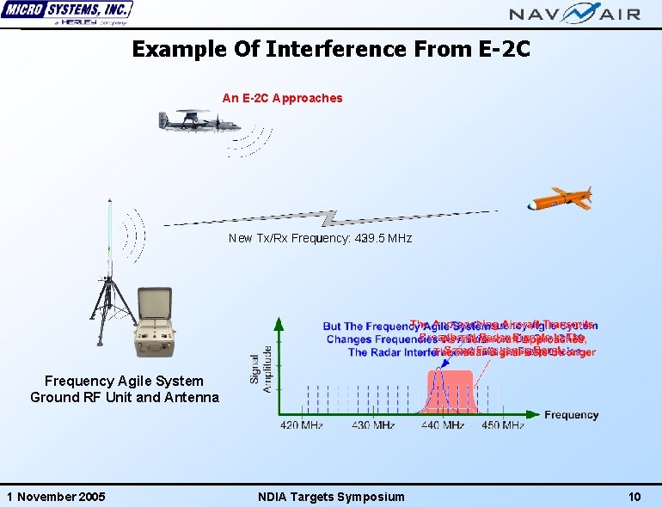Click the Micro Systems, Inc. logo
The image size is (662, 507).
tap(67, 14)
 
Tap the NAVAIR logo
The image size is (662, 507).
tap(575, 13)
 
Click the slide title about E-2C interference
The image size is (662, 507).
tap(331, 49)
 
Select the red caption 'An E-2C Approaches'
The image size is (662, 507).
tap(282, 98)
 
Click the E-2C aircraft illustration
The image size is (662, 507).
tap(191, 122)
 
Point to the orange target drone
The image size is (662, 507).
tap(560, 199)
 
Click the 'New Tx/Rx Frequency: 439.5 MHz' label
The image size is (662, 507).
tap(320, 238)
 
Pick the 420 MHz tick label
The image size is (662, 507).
tap(301, 425)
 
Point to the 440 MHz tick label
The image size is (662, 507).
tap(442, 425)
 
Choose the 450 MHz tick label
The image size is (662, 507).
tap(502, 425)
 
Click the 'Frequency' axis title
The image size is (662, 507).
tap(571, 415)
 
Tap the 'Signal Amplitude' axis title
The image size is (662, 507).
tap(261, 369)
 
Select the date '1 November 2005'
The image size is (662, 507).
tap(56, 497)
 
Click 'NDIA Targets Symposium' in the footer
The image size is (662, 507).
tap(331, 497)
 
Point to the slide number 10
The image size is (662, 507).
tap(635, 497)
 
